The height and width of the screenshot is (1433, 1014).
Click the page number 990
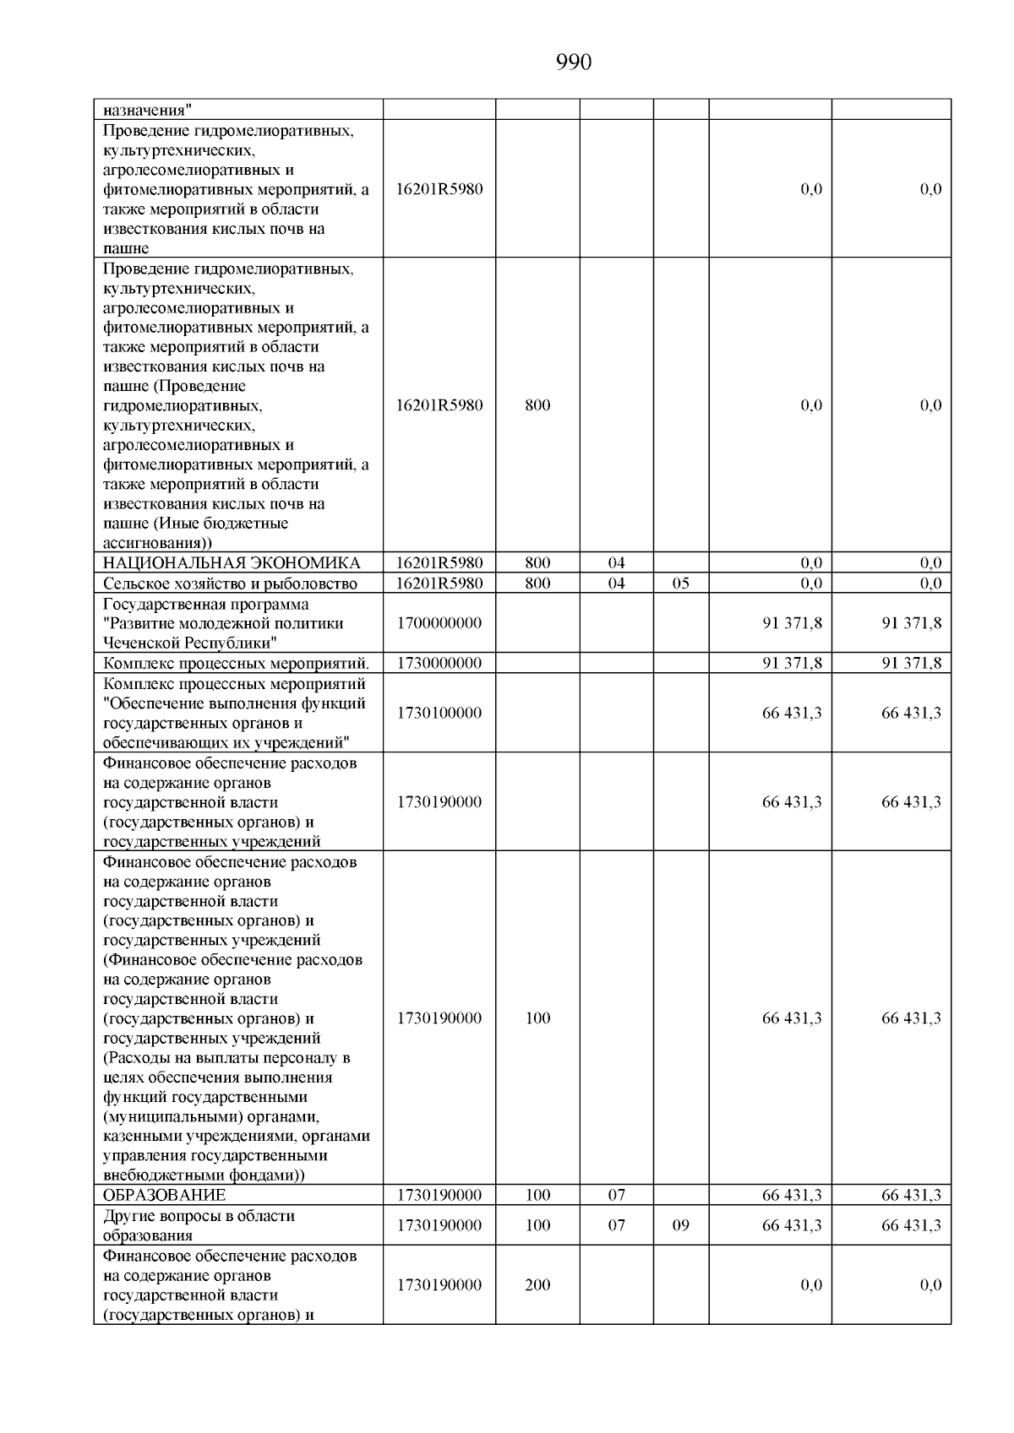(x=574, y=62)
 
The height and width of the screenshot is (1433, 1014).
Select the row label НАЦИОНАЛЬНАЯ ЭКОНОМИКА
(x=231, y=563)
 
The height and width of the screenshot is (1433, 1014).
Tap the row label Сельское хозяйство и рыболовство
(x=230, y=584)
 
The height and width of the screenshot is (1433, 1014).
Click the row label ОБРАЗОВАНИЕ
(x=164, y=1195)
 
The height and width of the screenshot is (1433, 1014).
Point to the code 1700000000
(x=439, y=623)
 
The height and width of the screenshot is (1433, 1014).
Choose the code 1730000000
(x=439, y=663)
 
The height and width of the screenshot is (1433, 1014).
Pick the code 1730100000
(x=439, y=713)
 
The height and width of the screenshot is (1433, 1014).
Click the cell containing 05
(x=680, y=584)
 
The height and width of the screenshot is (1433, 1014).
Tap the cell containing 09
(x=680, y=1225)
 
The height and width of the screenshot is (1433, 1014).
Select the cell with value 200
(x=537, y=1285)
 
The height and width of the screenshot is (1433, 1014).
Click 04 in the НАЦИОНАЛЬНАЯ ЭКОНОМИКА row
(x=616, y=563)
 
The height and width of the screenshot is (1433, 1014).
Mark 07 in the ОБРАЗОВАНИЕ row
(x=616, y=1195)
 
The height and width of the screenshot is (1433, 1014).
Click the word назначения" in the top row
(x=147, y=110)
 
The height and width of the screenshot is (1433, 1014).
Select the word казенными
(x=139, y=1137)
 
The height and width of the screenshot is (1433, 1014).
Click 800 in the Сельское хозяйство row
(x=537, y=584)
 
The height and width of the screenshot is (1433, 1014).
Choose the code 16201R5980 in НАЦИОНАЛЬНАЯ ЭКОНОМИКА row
(x=439, y=563)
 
